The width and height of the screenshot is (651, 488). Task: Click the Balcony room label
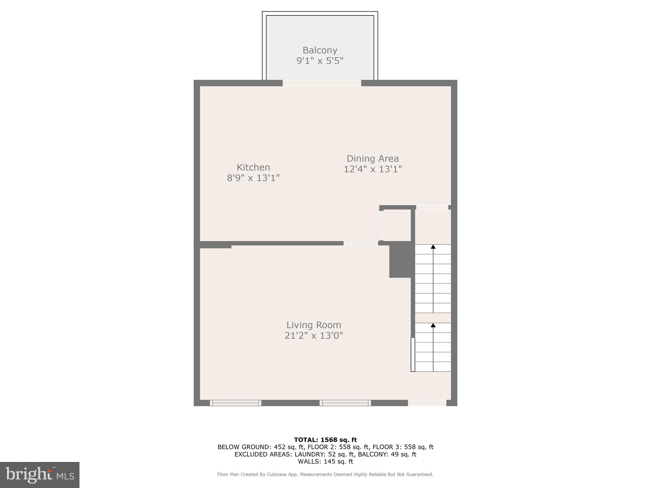(x=320, y=50)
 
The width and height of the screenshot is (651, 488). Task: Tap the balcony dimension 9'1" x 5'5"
(x=320, y=61)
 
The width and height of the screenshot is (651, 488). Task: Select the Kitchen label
(x=253, y=167)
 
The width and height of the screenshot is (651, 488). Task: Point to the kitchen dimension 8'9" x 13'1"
(x=253, y=178)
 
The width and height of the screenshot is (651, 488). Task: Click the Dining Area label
(x=373, y=159)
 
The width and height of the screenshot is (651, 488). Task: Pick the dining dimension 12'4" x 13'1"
(x=373, y=169)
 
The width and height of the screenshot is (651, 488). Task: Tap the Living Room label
(x=314, y=325)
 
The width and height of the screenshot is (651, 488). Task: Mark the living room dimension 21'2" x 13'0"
(x=314, y=335)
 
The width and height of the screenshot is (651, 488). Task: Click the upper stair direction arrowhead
(x=433, y=247)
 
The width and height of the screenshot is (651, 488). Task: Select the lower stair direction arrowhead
(x=433, y=325)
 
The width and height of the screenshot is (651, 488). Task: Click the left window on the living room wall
(x=236, y=403)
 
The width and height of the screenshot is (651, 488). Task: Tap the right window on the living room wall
(x=345, y=403)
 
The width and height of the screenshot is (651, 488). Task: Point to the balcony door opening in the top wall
(x=322, y=83)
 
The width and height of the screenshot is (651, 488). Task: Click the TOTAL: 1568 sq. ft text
(x=325, y=440)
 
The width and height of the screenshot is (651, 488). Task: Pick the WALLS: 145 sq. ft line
(x=325, y=462)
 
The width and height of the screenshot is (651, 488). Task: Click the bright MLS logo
(x=40, y=475)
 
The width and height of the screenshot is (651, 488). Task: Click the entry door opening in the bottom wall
(x=427, y=403)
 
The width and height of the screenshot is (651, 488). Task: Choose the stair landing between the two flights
(x=433, y=318)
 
